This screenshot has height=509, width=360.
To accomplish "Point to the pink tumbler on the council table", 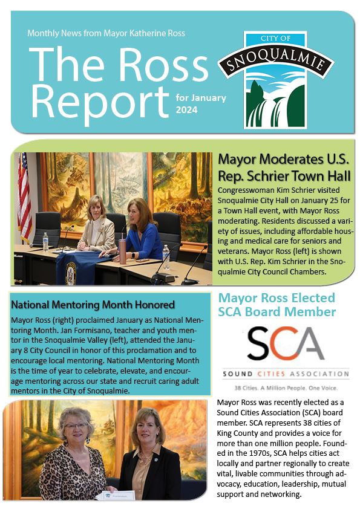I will pos(122,251).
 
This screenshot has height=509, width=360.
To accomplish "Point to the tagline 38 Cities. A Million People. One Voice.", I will pos(284,387).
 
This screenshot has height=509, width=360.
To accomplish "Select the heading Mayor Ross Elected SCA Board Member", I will pos(277,305).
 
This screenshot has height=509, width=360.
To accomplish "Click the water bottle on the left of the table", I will pos(45,242).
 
